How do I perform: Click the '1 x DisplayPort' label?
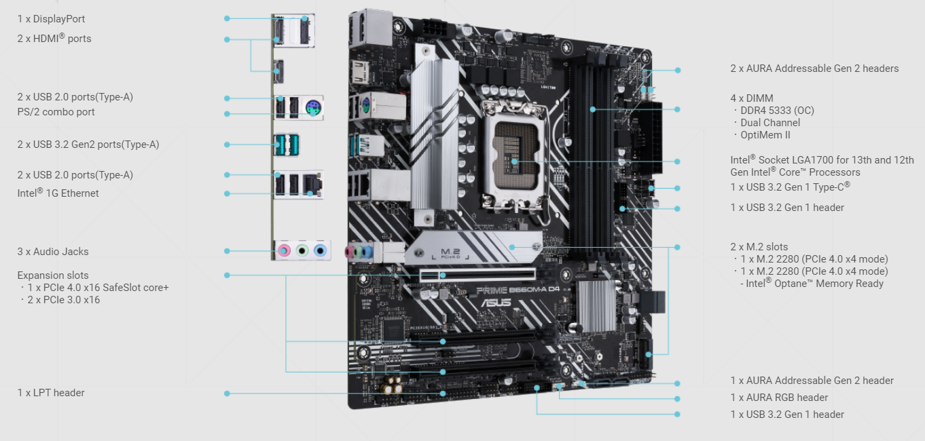tap(51, 19)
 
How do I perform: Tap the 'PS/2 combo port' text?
tap(56, 112)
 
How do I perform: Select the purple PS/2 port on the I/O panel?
tap(313, 108)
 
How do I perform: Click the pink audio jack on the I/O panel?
tap(284, 250)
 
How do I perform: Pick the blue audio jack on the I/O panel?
tap(320, 250)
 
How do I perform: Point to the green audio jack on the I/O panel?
tap(302, 250)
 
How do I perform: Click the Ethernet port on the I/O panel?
tap(312, 185)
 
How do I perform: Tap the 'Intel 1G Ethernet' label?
tap(58, 193)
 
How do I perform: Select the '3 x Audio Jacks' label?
tap(53, 252)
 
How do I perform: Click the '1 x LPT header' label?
tap(51, 393)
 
